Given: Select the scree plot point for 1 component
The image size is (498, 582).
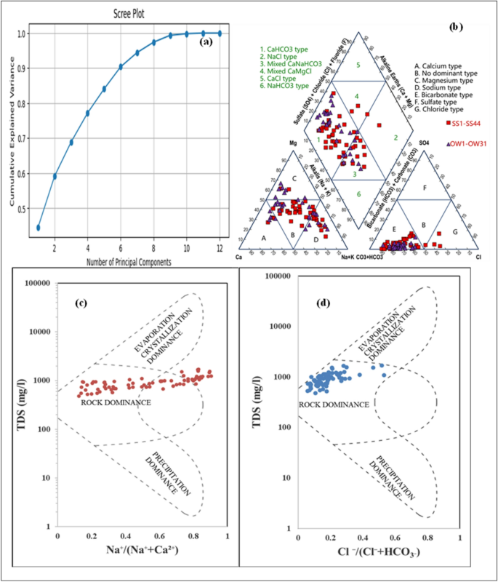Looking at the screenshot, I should coord(38,228).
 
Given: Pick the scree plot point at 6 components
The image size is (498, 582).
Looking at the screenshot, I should coord(121,66).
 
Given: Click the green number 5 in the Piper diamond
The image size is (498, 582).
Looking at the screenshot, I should coord(358,65).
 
